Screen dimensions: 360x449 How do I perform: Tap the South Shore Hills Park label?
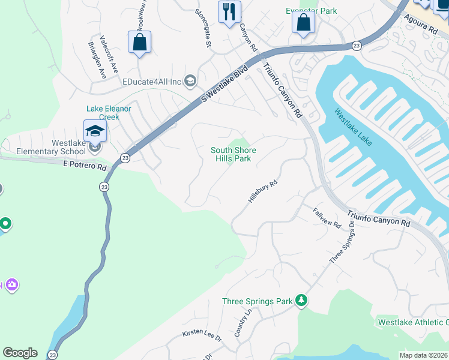pos(234,154)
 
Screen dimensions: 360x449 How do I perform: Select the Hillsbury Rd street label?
pos(263,191)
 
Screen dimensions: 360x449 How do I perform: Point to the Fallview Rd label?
pos(327,217)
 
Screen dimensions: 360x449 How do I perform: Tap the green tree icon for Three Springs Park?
pos(301,300)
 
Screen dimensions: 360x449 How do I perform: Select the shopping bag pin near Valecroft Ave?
pos(139,42)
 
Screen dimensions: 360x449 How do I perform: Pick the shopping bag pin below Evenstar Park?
pos(304,23)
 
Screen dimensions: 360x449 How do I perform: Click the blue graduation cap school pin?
pos(95,130)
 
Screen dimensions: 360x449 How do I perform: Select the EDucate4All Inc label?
pos(152,82)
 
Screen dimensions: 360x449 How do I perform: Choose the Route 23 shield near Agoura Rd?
pos(357,46)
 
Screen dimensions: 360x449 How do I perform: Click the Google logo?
pos(20,353)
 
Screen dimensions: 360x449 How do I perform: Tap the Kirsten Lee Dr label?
pos(202,335)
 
